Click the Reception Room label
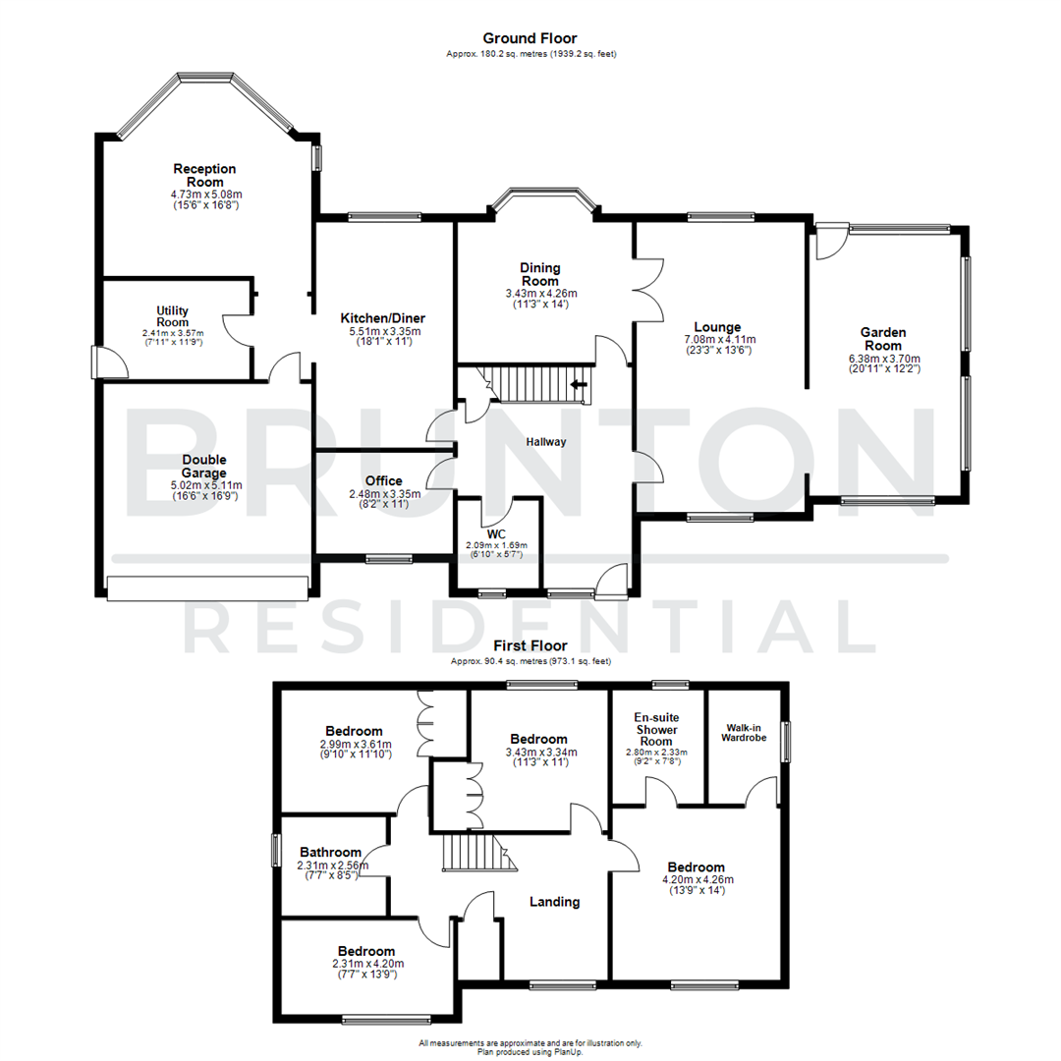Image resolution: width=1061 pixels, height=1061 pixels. point(204,175)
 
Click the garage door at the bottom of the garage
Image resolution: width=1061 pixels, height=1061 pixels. point(206,587)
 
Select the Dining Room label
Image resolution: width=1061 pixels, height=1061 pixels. point(540,273)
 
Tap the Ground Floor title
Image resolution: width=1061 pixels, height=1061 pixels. point(530,38)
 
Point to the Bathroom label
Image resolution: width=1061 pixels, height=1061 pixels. point(331,852)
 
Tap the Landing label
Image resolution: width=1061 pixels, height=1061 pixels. point(555,901)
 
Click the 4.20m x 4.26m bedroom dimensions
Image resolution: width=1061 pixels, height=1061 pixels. point(697,879)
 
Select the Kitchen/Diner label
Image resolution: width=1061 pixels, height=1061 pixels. point(382,318)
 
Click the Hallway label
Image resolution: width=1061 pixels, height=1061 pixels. point(545,441)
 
